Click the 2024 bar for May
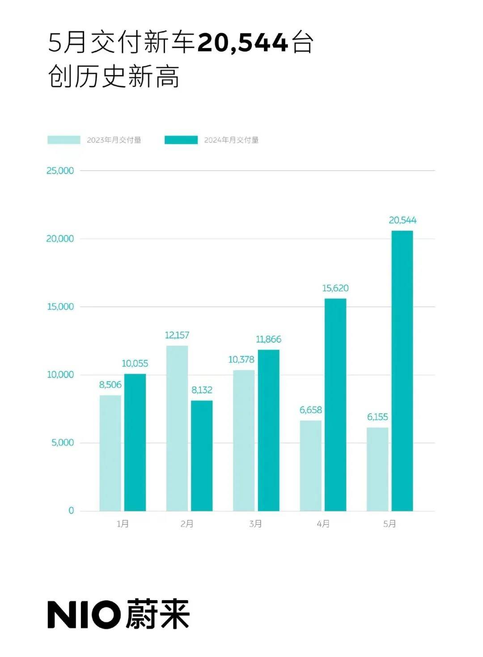(402, 371)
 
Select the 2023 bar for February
(177, 428)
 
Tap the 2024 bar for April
(335, 405)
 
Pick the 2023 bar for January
(110, 453)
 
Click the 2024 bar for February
(202, 456)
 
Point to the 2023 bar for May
(377, 469)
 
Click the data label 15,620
(335, 288)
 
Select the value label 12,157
(177, 335)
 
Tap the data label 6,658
(311, 410)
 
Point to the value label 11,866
(268, 340)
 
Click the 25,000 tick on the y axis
(60, 171)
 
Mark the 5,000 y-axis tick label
(63, 443)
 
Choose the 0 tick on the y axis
(71, 511)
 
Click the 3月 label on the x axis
(256, 524)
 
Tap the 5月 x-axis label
(390, 524)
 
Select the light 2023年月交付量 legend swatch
(64, 140)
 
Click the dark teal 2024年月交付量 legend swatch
(181, 140)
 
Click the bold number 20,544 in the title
(242, 43)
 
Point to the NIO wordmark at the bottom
(84, 614)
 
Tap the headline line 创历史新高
(114, 77)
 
